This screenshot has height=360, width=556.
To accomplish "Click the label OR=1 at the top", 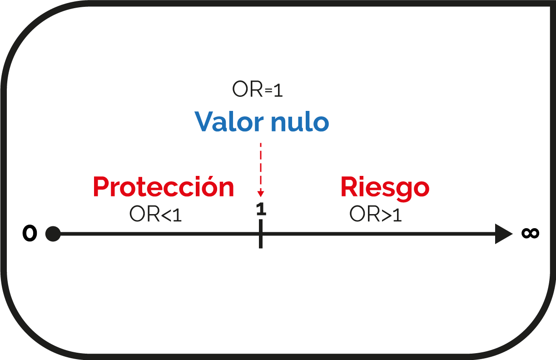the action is pos(258,89).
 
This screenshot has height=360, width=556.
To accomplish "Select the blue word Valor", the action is pos(229,121).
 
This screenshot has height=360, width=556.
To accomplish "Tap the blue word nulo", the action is pos(300,121).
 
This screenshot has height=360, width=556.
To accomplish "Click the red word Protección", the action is pos(164,186).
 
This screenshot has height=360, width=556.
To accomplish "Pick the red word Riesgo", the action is pos(385,189).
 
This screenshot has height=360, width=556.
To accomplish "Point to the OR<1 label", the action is pos(155,214).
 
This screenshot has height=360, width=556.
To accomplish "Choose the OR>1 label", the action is pos(375,214).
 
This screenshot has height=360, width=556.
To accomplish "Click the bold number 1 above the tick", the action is pos(261,209).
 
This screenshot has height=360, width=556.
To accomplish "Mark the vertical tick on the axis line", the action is pos(261,234).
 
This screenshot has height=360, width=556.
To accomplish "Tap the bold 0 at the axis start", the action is pos(30,233).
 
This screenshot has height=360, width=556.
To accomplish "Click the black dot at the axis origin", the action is pos(53,234).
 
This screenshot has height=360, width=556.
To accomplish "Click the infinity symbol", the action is pos(531,233).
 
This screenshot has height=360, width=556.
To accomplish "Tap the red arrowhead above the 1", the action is pos(261,194).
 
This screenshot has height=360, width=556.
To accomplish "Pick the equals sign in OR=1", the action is pos(268,90).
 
